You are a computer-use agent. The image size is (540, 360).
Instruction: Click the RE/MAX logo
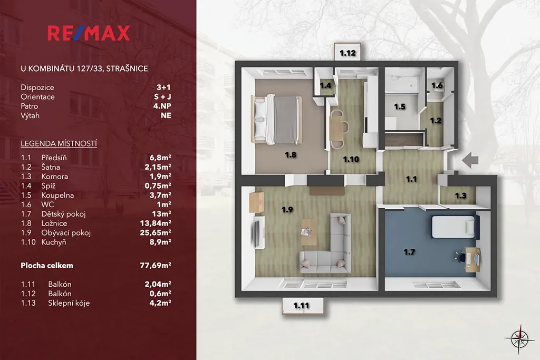pos(89,33)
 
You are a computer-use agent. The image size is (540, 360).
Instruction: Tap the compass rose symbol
pos(519,339)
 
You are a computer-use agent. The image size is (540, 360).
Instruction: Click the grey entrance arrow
pos(470,160)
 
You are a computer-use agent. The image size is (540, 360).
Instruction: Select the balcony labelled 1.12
pos(348,52)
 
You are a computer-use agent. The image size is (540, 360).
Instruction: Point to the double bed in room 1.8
pos(277,119)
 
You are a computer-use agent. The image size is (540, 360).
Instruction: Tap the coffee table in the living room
pos(308,232)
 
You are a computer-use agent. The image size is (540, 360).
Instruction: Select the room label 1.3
pos(460,196)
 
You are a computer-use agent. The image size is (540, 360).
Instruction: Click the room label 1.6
pos(437,85)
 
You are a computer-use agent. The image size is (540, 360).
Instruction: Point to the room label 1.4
pos(325,85)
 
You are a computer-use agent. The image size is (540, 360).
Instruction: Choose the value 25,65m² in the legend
pos(156,232)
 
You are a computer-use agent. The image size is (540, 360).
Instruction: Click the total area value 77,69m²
pos(156,265)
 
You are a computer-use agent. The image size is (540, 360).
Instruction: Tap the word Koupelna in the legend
pos(57,195)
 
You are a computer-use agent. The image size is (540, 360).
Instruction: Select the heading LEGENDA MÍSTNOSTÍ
pos(59,143)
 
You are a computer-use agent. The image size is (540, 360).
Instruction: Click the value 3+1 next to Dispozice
pos(163,87)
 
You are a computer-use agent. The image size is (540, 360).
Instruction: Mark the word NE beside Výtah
pos(166,115)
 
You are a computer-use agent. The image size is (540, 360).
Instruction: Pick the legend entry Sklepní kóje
pos(69,303)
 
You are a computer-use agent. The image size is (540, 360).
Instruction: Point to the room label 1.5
pos(400,106)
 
